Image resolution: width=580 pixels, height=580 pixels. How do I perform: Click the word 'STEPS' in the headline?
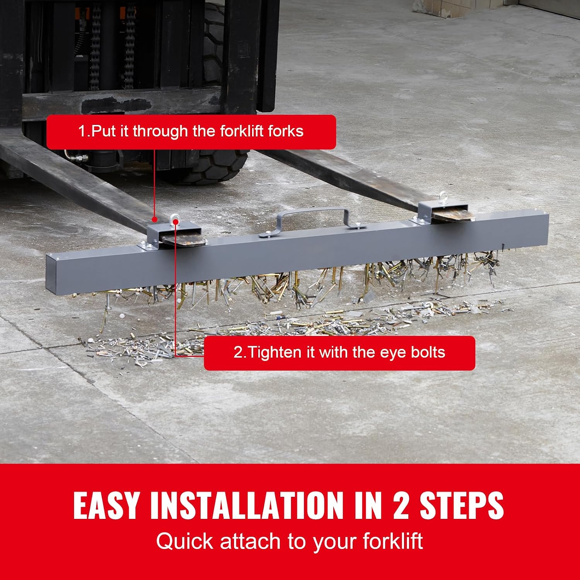[x=462, y=505]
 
